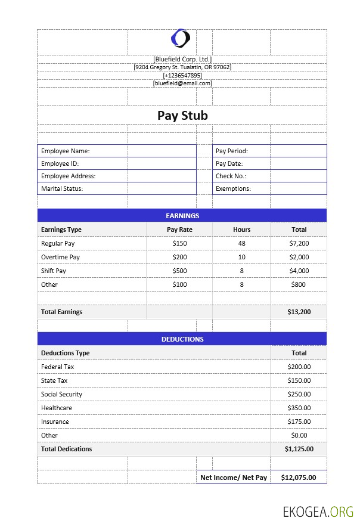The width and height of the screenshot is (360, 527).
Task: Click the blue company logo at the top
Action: (181, 39)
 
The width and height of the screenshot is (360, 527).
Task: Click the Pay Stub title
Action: (182, 116)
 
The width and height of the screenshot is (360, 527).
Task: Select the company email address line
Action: (182, 83)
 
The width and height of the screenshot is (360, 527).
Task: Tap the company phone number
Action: (182, 75)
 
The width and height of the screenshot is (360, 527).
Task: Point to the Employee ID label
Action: (60, 163)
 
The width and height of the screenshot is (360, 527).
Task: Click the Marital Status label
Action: (62, 188)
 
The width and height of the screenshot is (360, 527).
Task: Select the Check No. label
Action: (231, 176)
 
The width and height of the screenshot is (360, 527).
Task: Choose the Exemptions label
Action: (233, 188)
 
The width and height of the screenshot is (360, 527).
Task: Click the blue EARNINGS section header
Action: (182, 216)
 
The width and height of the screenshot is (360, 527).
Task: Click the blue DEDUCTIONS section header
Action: (182, 339)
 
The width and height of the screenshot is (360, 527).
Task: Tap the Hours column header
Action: (241, 230)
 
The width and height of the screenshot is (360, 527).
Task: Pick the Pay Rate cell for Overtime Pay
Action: (179, 257)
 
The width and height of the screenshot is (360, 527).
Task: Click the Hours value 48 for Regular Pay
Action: (241, 243)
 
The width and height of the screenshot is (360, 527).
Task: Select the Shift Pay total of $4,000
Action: (299, 271)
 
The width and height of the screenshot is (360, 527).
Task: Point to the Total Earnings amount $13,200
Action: (299, 312)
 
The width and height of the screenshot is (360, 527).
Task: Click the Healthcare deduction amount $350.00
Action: (299, 408)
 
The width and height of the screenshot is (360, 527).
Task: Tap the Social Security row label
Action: (62, 394)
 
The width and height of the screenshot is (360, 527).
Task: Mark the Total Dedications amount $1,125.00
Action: (299, 449)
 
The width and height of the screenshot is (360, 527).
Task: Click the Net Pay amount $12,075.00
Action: (299, 478)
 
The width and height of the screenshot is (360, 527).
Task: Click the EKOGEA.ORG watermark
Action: (318, 511)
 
